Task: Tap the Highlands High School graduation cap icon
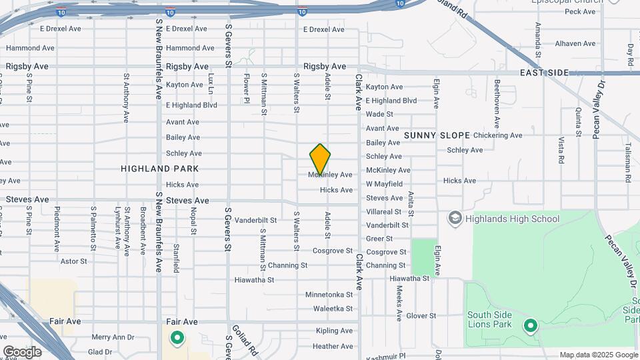(x=455, y=219)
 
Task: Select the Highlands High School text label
(x=512, y=219)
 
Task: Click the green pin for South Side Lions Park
(x=531, y=326)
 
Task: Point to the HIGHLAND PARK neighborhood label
(x=160, y=169)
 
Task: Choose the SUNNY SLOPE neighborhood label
(x=437, y=135)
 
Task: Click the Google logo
(x=22, y=351)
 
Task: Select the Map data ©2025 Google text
(x=598, y=355)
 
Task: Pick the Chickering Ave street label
(x=498, y=135)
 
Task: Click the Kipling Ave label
(x=334, y=331)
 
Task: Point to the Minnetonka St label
(x=329, y=295)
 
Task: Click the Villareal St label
(x=384, y=211)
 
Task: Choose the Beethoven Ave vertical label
(x=497, y=104)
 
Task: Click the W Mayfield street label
(x=384, y=184)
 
